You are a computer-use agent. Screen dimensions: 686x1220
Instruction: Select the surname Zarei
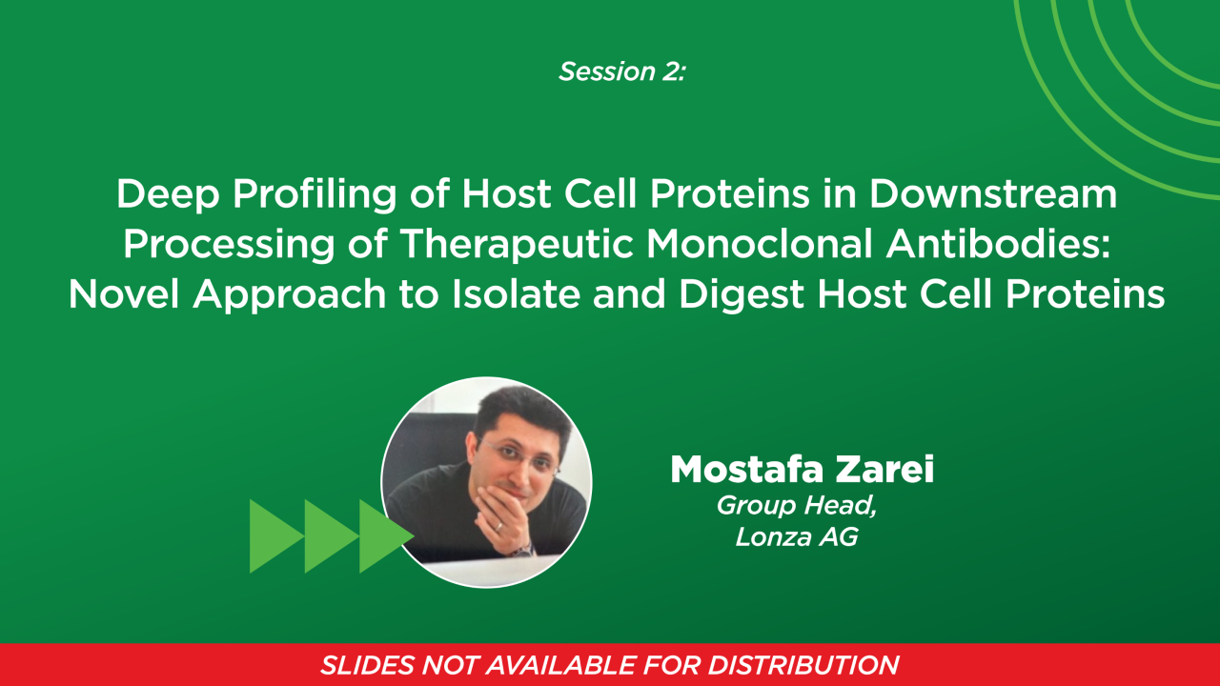887,470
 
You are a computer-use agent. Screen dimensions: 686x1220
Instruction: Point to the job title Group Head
797,506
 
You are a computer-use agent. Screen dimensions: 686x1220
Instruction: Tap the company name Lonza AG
797,537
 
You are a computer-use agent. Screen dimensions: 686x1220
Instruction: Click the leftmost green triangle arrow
274,536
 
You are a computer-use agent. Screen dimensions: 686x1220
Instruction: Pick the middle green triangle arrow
329,536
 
